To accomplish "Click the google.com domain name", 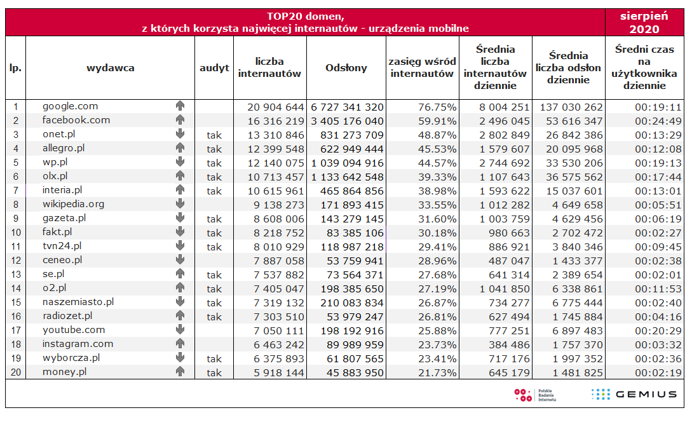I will pyautogui.click(x=70, y=106).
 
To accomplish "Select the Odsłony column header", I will pyautogui.click(x=346, y=67).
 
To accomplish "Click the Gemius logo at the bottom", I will pyautogui.click(x=634, y=394).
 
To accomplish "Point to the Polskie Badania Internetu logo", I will pyautogui.click(x=535, y=394).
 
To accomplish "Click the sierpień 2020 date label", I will pyautogui.click(x=644, y=22).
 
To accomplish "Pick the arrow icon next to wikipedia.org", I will pyautogui.click(x=180, y=204).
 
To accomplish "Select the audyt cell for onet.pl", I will pyautogui.click(x=214, y=135).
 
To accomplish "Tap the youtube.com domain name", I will pyautogui.click(x=73, y=330).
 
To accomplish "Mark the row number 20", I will pyautogui.click(x=16, y=372).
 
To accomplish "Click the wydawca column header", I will pyautogui.click(x=110, y=67).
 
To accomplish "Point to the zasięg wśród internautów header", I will pyautogui.click(x=422, y=67).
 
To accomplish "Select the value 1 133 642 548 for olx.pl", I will pyautogui.click(x=347, y=177).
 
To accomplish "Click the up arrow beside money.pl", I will pyautogui.click(x=180, y=372).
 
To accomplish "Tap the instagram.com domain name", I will pyautogui.click(x=78, y=344).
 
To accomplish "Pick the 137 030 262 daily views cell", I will pyautogui.click(x=569, y=107).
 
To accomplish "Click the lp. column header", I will pyautogui.click(x=16, y=67).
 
